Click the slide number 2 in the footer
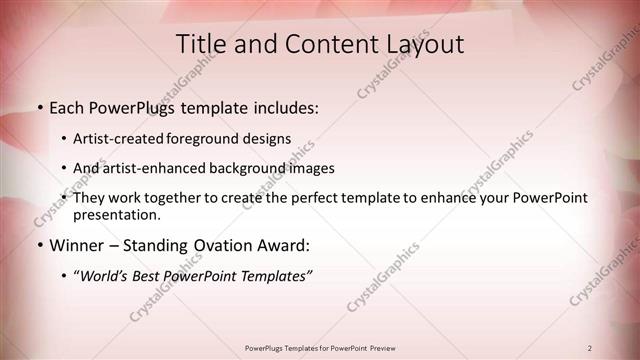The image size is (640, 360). pos(590,348)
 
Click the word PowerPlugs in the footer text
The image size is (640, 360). pos(268,348)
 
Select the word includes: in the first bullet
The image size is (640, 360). pos(281,106)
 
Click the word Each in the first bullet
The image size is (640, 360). pos(68,106)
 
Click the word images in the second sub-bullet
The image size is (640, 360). pos(310,168)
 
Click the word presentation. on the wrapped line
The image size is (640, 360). pos(116,214)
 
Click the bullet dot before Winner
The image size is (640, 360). pos(39,245)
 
